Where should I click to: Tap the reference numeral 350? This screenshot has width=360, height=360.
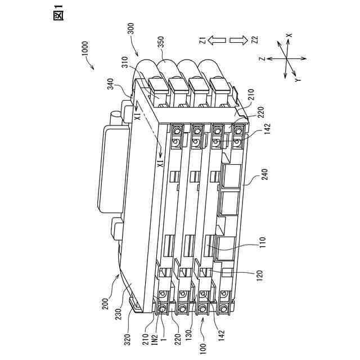[161, 44]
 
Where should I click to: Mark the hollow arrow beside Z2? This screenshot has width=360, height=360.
[239, 40]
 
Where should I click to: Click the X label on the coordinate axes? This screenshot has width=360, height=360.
[289, 35]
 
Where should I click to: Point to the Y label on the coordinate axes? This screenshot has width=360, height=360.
[297, 80]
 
